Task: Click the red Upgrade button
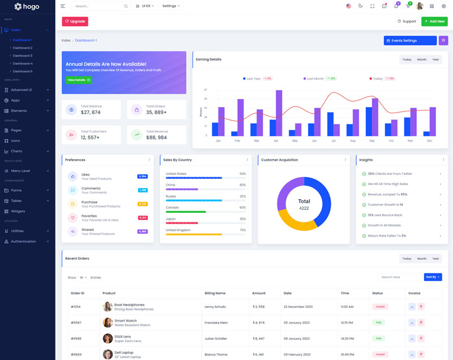click(x=75, y=22)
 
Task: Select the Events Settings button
click(x=409, y=41)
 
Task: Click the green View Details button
click(x=78, y=80)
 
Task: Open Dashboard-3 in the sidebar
click(x=23, y=55)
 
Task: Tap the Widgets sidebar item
click(x=18, y=211)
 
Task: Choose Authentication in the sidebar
click(x=23, y=241)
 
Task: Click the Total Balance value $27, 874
click(x=91, y=113)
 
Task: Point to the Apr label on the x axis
click(x=276, y=140)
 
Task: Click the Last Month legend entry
click(x=315, y=79)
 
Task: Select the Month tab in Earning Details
click(x=422, y=59)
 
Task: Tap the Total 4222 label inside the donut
click(x=304, y=204)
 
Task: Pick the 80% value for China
click(x=242, y=185)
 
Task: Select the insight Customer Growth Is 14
click(x=385, y=204)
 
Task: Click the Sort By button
click(x=433, y=277)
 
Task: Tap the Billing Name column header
click(x=215, y=293)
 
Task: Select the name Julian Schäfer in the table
click(x=216, y=338)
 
